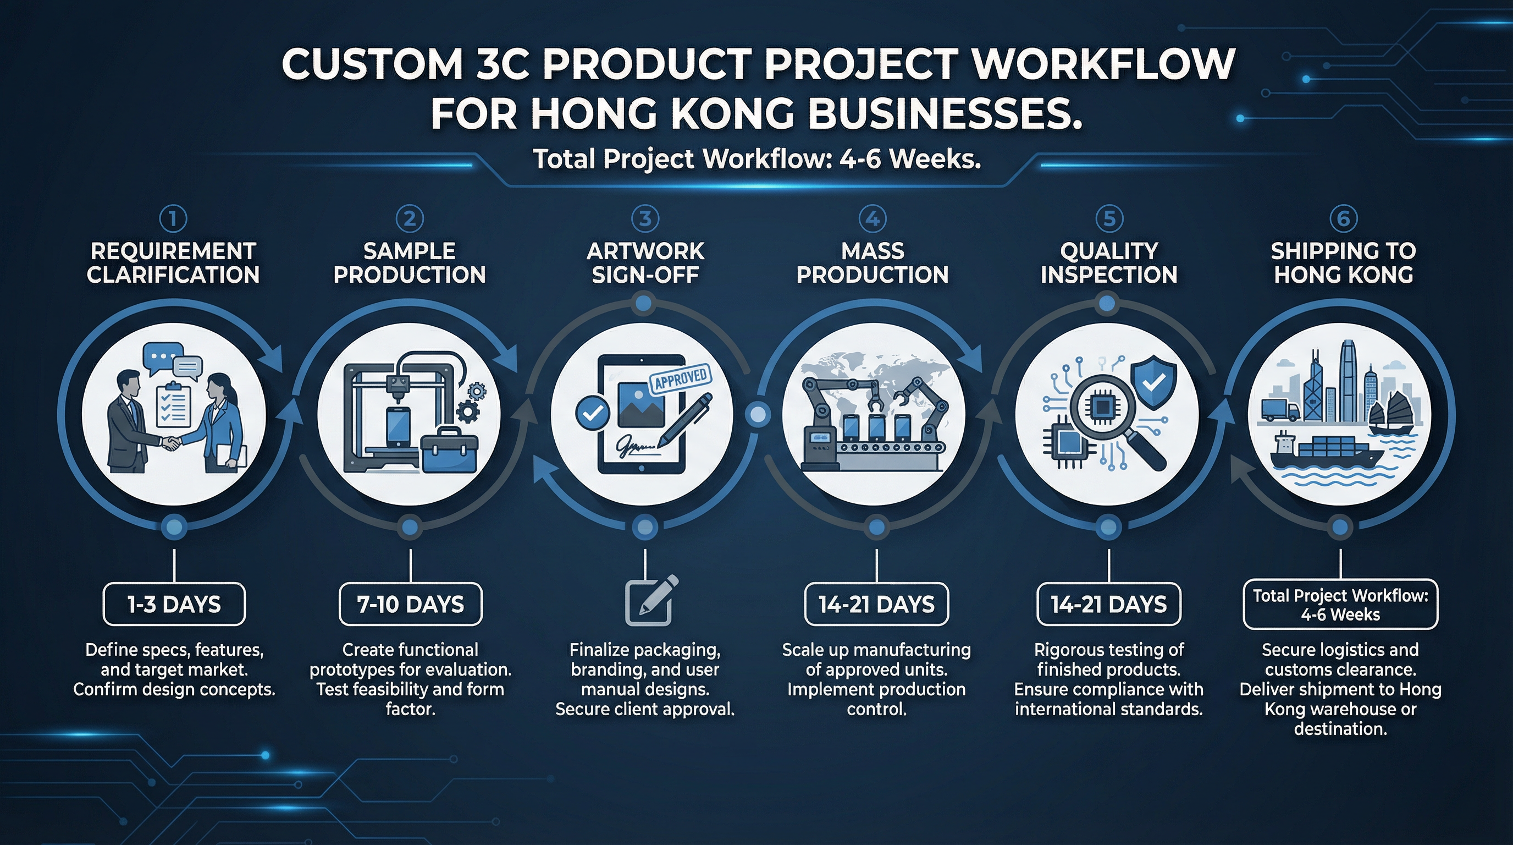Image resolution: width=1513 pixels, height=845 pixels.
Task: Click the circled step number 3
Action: click(x=645, y=218)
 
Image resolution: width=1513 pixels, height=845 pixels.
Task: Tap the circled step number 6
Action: click(x=1343, y=218)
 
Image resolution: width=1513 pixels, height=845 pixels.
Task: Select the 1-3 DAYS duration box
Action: click(x=174, y=604)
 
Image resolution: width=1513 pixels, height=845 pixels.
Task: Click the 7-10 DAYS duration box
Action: click(x=411, y=604)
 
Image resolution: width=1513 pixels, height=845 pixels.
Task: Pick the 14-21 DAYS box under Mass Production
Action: click(x=876, y=604)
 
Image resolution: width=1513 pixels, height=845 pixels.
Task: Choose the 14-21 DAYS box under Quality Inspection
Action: click(x=1108, y=604)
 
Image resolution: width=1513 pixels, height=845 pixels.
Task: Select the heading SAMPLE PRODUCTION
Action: click(x=410, y=262)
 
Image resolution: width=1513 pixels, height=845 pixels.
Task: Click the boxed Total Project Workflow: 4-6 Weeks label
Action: click(x=1340, y=605)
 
